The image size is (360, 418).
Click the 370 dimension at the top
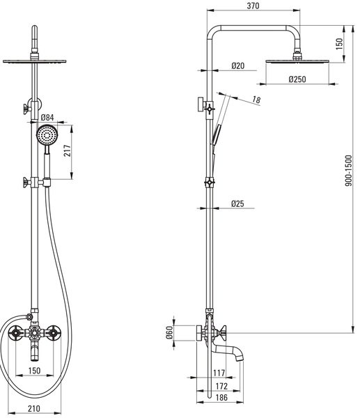[x=253, y=6]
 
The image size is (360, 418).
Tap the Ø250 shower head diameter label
[x=297, y=79]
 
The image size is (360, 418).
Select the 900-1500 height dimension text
[x=349, y=171]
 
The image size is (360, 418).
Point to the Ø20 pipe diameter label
[x=237, y=65]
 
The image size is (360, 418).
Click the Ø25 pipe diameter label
[x=237, y=203]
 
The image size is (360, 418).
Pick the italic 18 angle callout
[x=256, y=100]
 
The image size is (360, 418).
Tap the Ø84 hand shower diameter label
[x=47, y=117]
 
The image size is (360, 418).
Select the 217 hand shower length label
[x=68, y=150]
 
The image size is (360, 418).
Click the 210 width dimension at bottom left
[x=34, y=408]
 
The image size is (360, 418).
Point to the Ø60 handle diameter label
[x=169, y=333]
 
